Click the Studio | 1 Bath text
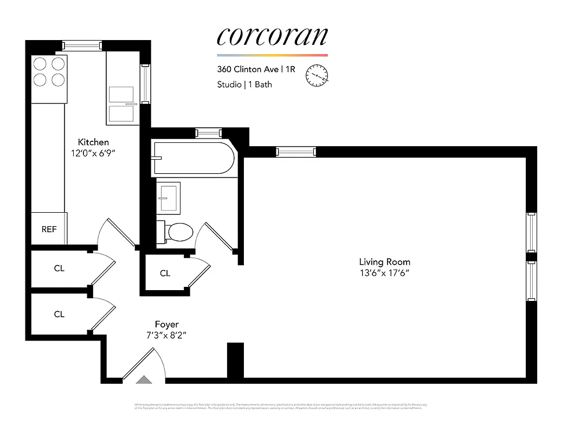click(x=244, y=84)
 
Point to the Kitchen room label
click(x=93, y=142)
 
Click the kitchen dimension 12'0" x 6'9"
click(x=93, y=153)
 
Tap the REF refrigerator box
click(x=49, y=229)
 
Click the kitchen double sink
click(x=121, y=104)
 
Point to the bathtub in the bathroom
click(x=194, y=158)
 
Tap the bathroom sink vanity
click(x=168, y=198)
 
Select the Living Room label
click(x=384, y=262)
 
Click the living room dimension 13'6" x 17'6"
click(x=384, y=273)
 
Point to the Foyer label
click(x=166, y=324)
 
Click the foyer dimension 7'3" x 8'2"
click(x=166, y=336)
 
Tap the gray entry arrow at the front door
click(x=144, y=380)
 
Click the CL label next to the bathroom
click(x=165, y=273)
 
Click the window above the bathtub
click(x=208, y=133)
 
